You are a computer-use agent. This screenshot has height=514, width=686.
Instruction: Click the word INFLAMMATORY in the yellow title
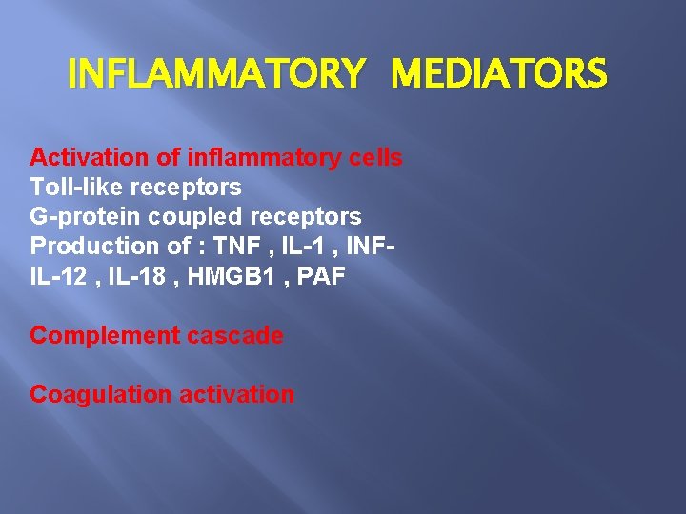click(216, 73)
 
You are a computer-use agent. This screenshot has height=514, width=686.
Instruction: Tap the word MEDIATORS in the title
click(498, 73)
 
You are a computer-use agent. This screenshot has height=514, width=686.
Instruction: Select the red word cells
click(374, 157)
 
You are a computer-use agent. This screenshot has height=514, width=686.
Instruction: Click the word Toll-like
click(72, 187)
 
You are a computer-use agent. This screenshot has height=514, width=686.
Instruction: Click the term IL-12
click(56, 275)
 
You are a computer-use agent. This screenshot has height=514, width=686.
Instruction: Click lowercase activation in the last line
click(229, 394)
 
